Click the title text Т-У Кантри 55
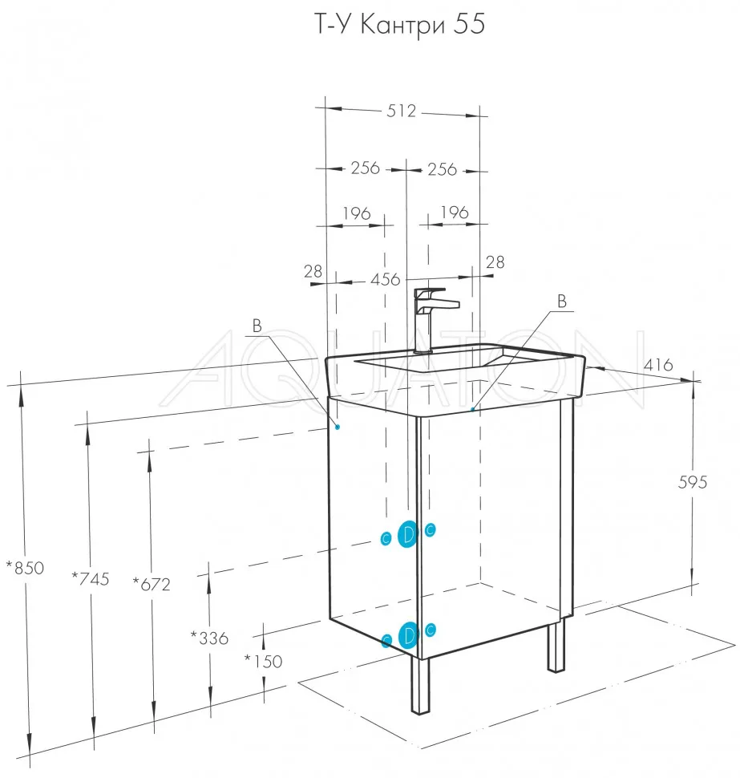pyautogui.click(x=400, y=25)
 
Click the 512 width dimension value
pyautogui.click(x=401, y=111)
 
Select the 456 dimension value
pyautogui.click(x=386, y=279)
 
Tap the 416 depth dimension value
pyautogui.click(x=658, y=365)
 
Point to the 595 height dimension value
pyautogui.click(x=693, y=482)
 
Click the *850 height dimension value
pyautogui.click(x=25, y=568)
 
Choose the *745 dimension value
pyautogui.click(x=91, y=578)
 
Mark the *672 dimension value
pyautogui.click(x=152, y=585)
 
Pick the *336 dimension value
pyautogui.click(x=209, y=638)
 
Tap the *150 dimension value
pyautogui.click(x=263, y=662)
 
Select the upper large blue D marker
pyautogui.click(x=408, y=534)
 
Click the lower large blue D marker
pyautogui.click(x=408, y=635)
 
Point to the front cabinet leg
pyautogui.click(x=420, y=685)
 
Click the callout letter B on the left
pyautogui.click(x=257, y=326)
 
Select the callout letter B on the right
pyautogui.click(x=562, y=302)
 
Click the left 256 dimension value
pyautogui.click(x=366, y=168)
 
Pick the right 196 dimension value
pyautogui.click(x=455, y=213)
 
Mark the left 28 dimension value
pyautogui.click(x=313, y=271)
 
